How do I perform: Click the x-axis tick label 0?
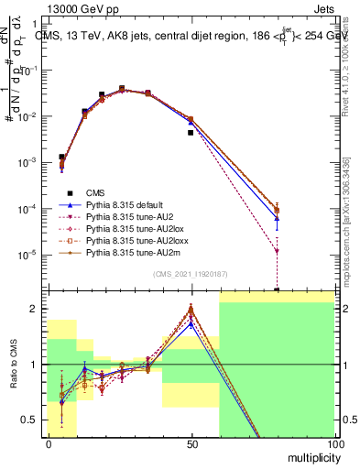pyautogui.click(x=48, y=444)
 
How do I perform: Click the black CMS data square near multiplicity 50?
pyautogui.click(x=191, y=133)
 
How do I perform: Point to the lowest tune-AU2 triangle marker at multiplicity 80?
pyautogui.click(x=277, y=251)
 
